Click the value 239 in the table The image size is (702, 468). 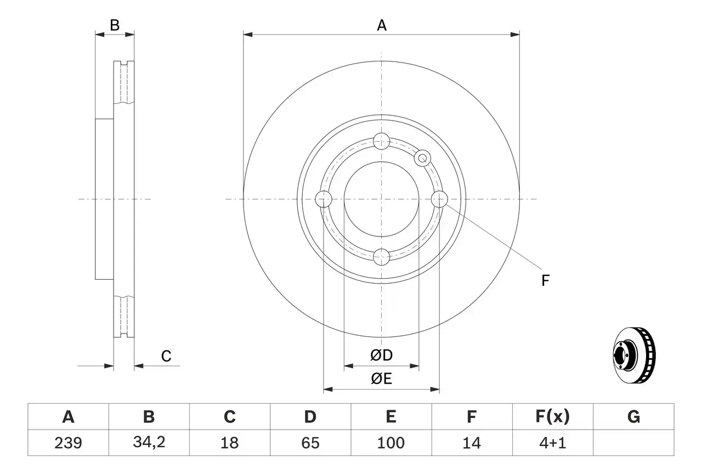pyautogui.click(x=68, y=443)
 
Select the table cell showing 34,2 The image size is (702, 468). pyautogui.click(x=149, y=443)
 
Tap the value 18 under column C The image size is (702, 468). pyautogui.click(x=229, y=443)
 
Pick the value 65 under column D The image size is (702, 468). pyautogui.click(x=310, y=443)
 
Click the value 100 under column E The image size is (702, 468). pyautogui.click(x=390, y=443)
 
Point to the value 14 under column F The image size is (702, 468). pyautogui.click(x=471, y=443)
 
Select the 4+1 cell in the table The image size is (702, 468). pyautogui.click(x=552, y=443)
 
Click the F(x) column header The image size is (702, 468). pyautogui.click(x=552, y=417)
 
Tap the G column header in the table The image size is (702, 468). pyautogui.click(x=633, y=417)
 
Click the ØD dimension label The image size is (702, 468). pyautogui.click(x=382, y=356)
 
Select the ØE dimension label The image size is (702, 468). pyautogui.click(x=382, y=379)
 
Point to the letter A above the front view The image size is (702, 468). pyautogui.click(x=382, y=25)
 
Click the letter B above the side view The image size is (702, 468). pyautogui.click(x=114, y=25)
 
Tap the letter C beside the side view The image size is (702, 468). pyautogui.click(x=166, y=356)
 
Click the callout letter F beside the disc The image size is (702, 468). pyautogui.click(x=545, y=281)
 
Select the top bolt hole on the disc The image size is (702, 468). pyautogui.click(x=381, y=142)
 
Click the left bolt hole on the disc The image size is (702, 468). pyautogui.click(x=324, y=199)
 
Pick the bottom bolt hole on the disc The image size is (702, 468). pyautogui.click(x=381, y=256)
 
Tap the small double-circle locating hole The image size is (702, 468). pyautogui.click(x=422, y=159)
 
